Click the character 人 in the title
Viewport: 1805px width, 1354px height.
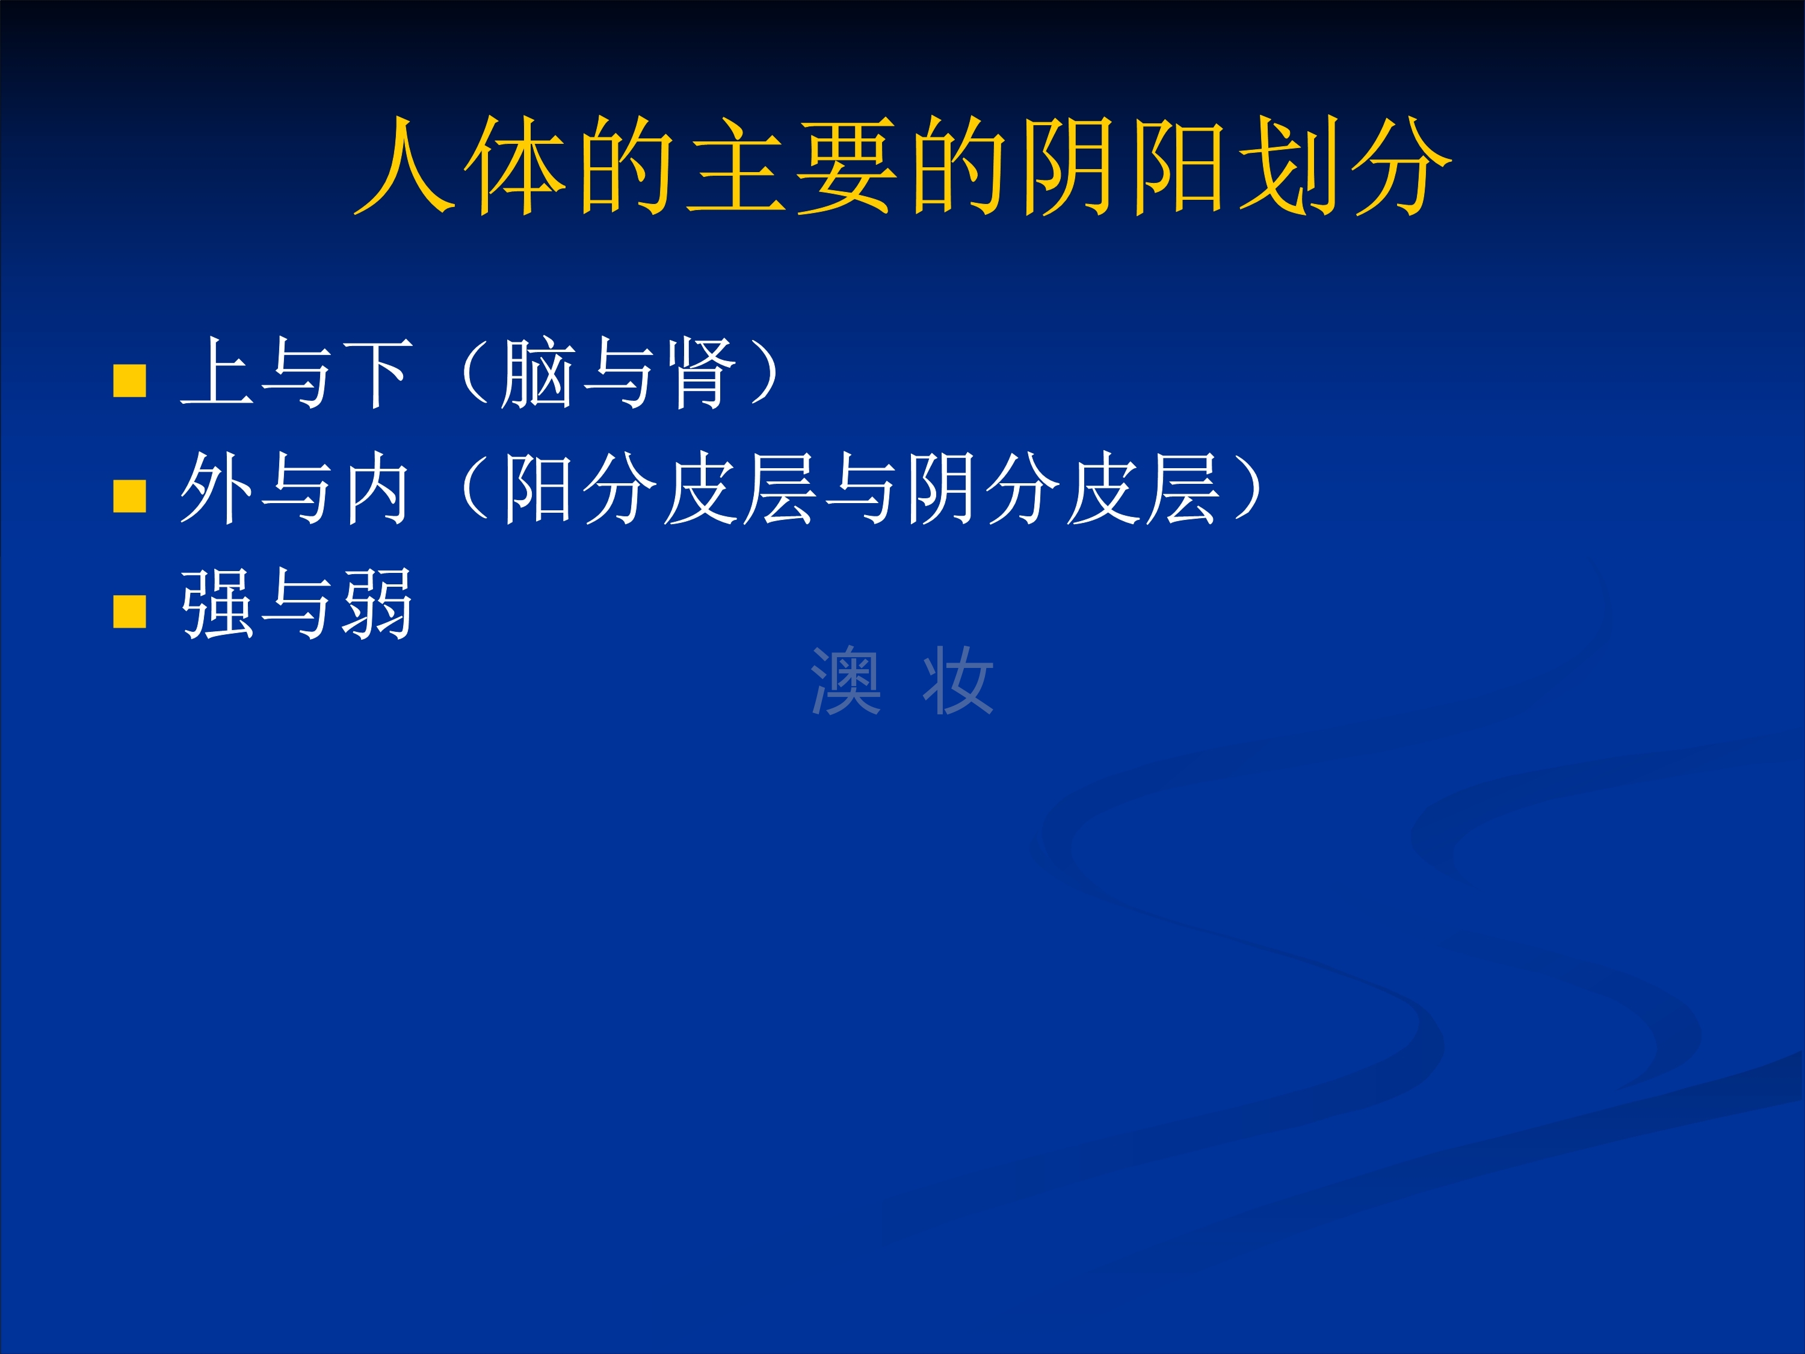click(x=404, y=165)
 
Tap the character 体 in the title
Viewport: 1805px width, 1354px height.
click(x=516, y=165)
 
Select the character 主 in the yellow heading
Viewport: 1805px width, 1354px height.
click(x=737, y=165)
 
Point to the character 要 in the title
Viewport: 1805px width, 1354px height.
click(x=847, y=165)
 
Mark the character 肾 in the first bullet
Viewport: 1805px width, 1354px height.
click(x=699, y=373)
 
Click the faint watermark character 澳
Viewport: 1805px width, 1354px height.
click(x=846, y=680)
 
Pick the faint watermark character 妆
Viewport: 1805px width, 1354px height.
click(x=958, y=680)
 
